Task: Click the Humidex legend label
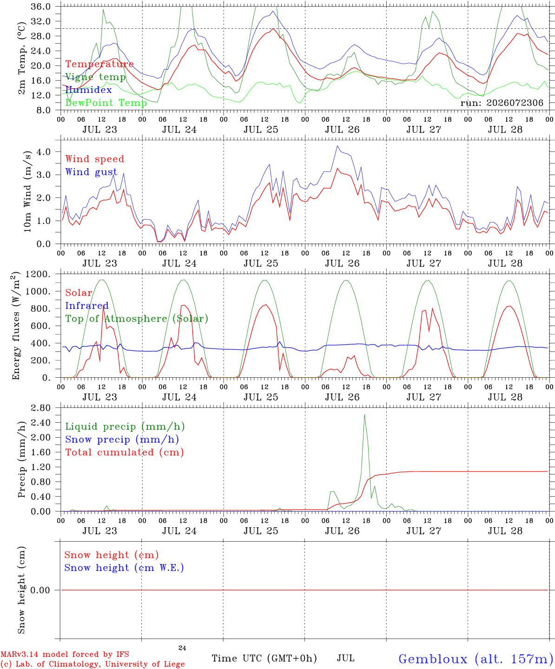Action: [88, 90]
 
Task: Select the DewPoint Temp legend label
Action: [106, 103]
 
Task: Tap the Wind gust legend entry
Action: [92, 172]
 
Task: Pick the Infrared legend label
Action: [87, 306]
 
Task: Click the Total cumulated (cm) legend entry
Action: [125, 453]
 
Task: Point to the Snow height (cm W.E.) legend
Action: [124, 568]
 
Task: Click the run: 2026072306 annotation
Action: [502, 103]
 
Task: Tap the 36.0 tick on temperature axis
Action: [41, 7]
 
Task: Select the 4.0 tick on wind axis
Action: [44, 151]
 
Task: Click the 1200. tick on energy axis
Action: [38, 274]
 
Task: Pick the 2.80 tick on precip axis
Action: [41, 408]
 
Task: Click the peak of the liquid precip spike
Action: [364, 415]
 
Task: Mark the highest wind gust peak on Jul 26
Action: [337, 146]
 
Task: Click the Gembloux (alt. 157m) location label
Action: [476, 659]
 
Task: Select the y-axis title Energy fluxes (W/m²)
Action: [16, 326]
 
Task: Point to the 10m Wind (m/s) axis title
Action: [27, 191]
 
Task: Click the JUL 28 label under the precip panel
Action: [505, 531]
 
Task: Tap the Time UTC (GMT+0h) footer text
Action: [264, 658]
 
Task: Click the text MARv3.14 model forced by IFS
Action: [65, 654]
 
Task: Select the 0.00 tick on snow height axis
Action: [40, 590]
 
